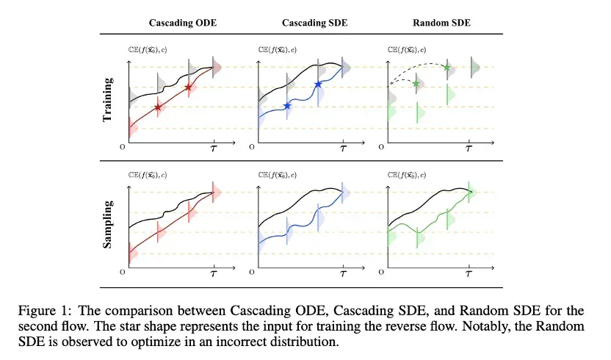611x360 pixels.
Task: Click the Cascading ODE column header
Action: (x=183, y=23)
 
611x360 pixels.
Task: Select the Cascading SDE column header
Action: (x=314, y=23)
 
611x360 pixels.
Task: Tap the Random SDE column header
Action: (x=441, y=23)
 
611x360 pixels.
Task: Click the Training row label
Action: (x=107, y=99)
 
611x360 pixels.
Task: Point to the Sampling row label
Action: (x=107, y=224)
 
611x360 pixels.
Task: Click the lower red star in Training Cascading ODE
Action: (x=157, y=107)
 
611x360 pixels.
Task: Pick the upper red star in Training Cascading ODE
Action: (x=189, y=87)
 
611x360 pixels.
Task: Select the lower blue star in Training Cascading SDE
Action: (x=287, y=106)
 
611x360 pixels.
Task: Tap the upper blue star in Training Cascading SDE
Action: (x=318, y=84)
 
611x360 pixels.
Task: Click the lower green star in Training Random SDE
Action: (x=416, y=84)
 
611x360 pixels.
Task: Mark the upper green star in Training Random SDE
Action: (x=447, y=68)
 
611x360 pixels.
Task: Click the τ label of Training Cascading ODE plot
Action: (x=214, y=148)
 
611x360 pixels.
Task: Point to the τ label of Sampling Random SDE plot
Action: (x=469, y=274)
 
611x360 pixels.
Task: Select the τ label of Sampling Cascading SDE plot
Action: (x=343, y=274)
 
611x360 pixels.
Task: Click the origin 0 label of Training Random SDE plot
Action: (x=381, y=147)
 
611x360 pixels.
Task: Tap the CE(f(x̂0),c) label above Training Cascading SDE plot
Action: (x=277, y=50)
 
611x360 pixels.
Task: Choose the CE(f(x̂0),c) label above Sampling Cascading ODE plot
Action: (x=148, y=175)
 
